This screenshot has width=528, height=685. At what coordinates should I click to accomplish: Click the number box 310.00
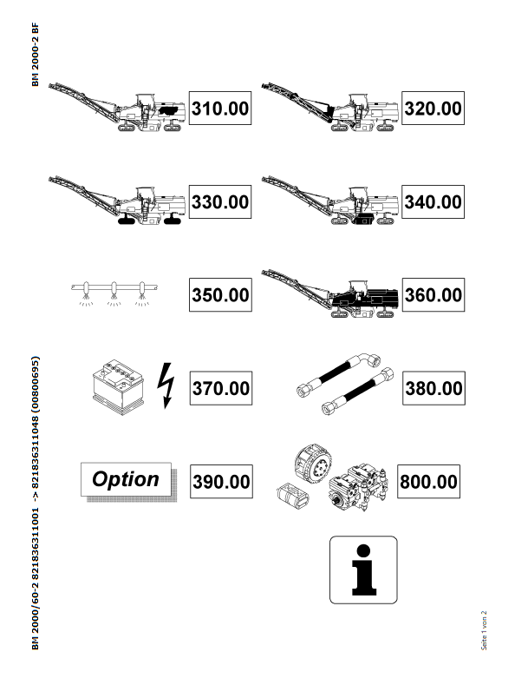(x=220, y=109)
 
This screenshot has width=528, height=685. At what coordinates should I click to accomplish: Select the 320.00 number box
(x=433, y=109)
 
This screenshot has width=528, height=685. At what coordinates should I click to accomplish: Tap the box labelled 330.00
(x=220, y=201)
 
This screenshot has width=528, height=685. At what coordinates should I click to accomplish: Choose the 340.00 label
(x=433, y=201)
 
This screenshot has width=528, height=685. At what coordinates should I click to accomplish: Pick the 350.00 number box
(x=220, y=295)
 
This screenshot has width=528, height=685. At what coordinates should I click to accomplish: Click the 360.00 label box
(x=433, y=295)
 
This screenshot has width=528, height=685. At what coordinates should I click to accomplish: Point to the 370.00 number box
(x=221, y=388)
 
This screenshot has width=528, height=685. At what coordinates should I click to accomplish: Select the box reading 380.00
(x=433, y=388)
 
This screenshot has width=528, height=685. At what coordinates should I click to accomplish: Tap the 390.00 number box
(x=221, y=482)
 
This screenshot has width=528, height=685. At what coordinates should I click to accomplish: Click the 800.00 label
(x=428, y=482)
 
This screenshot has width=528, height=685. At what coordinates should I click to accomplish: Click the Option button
(x=126, y=480)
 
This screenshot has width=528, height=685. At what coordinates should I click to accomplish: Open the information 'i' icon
(x=363, y=570)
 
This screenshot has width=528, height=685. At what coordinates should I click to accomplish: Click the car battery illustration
(x=118, y=387)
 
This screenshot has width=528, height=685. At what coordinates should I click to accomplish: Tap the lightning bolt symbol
(x=166, y=385)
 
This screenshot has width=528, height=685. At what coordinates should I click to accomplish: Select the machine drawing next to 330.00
(x=117, y=201)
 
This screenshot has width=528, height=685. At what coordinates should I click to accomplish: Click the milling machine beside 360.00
(x=330, y=293)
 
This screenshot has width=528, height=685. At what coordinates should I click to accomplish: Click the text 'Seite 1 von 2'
(x=484, y=630)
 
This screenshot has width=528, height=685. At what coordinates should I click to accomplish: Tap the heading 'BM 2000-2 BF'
(x=36, y=55)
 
